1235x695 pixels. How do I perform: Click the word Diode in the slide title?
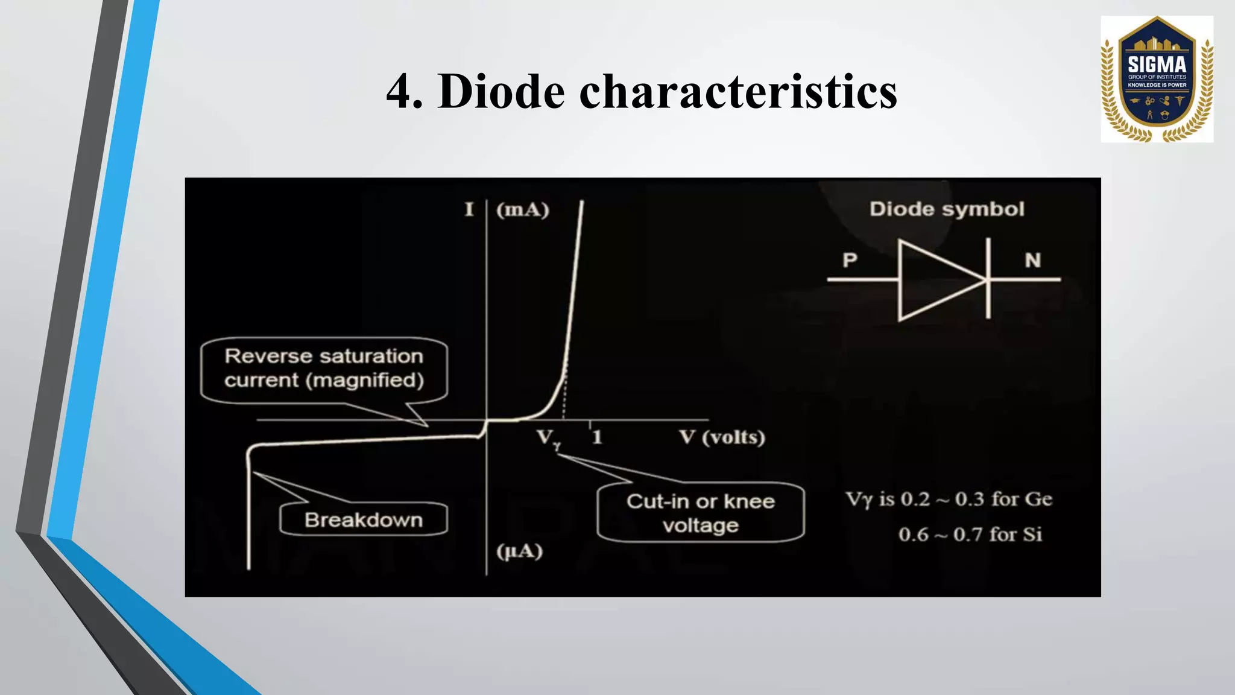pos(501,92)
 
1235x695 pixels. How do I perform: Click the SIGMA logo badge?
pos(1157,79)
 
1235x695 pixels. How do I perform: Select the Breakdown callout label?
pos(364,520)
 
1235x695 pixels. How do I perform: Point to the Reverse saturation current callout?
pos(324,369)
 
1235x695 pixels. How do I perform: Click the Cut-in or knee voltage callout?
pos(700,513)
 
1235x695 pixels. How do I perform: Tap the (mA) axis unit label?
pos(522,210)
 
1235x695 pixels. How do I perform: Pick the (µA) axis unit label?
pos(519,551)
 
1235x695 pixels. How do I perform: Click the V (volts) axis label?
pos(722,437)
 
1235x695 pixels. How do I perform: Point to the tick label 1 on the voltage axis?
pos(597,437)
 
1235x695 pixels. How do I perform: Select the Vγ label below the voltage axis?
pos(548,439)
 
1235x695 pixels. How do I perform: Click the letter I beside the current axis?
pos(469,210)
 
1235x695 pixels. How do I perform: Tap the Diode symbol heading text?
pos(946,209)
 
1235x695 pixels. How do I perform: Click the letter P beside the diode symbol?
pos(850,260)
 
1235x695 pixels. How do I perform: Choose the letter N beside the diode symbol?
pos(1032,260)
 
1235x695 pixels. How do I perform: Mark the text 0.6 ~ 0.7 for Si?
pos(970,535)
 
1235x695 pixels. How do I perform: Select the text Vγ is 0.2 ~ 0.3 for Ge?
pos(949,500)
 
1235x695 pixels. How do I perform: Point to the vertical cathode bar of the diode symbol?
pos(988,279)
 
